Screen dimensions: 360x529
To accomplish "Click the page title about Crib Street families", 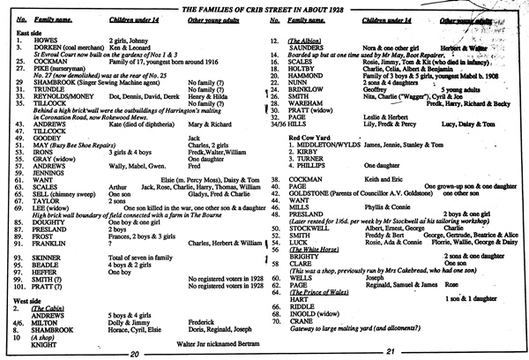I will (264, 8).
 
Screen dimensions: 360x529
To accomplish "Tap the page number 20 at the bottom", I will (134, 353).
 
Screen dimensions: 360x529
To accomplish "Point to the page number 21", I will (390, 353).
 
